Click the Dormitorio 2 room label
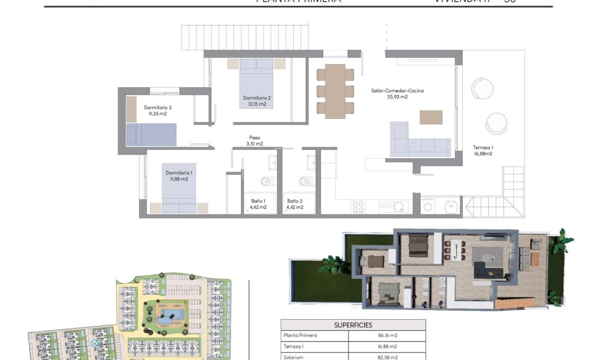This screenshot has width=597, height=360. click(x=257, y=98)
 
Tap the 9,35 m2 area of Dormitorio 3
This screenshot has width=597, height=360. click(x=158, y=114)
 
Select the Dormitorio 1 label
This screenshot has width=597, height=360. click(x=179, y=173)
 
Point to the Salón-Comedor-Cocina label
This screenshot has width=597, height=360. click(x=397, y=91)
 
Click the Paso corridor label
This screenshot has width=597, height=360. click(x=255, y=138)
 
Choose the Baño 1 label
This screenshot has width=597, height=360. click(x=258, y=201)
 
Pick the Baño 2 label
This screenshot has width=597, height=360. click(x=295, y=201)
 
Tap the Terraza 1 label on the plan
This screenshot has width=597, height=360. click(x=483, y=148)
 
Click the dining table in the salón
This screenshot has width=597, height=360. click(x=335, y=91)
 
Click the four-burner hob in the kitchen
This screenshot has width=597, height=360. click(x=358, y=207)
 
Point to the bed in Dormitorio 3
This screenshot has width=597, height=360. click(x=151, y=134)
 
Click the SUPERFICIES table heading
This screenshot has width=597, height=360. click(x=353, y=325)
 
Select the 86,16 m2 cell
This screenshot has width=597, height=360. click(x=386, y=336)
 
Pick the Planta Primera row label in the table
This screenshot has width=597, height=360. click(x=301, y=336)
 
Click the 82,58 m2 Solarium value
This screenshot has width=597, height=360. click(x=386, y=357)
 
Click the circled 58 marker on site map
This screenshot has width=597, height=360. click(x=94, y=344)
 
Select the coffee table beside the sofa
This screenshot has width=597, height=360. click(x=431, y=117)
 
